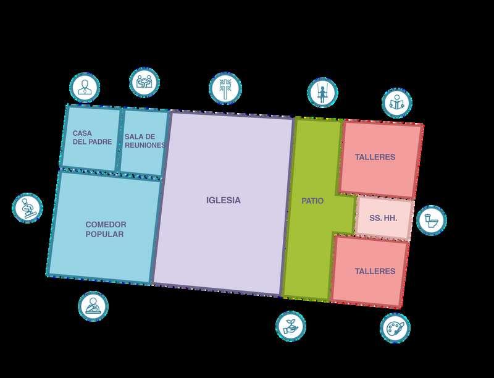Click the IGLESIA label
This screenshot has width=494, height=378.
tap(223, 200)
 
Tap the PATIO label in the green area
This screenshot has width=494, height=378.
tap(312, 201)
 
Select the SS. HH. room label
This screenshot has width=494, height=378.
tap(383, 218)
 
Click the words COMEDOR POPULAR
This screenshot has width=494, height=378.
tap(106, 229)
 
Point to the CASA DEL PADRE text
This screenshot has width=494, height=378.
tap(92, 137)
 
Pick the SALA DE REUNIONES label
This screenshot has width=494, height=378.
tap(144, 141)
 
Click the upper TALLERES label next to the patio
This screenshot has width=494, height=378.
tap(375, 157)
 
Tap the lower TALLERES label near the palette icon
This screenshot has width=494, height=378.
tap(375, 271)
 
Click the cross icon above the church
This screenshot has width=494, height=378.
tap(226, 88)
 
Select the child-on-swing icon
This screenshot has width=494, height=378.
tap(321, 93)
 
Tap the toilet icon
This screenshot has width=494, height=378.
tap(431, 220)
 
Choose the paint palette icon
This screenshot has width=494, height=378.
tap(395, 328)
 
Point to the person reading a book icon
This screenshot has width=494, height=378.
tap(396, 103)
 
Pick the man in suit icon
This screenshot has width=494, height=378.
tap(84, 88)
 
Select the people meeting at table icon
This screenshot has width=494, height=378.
tap(144, 82)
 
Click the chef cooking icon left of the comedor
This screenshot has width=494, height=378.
tap(28, 208)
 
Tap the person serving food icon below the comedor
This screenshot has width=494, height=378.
tap(93, 306)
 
